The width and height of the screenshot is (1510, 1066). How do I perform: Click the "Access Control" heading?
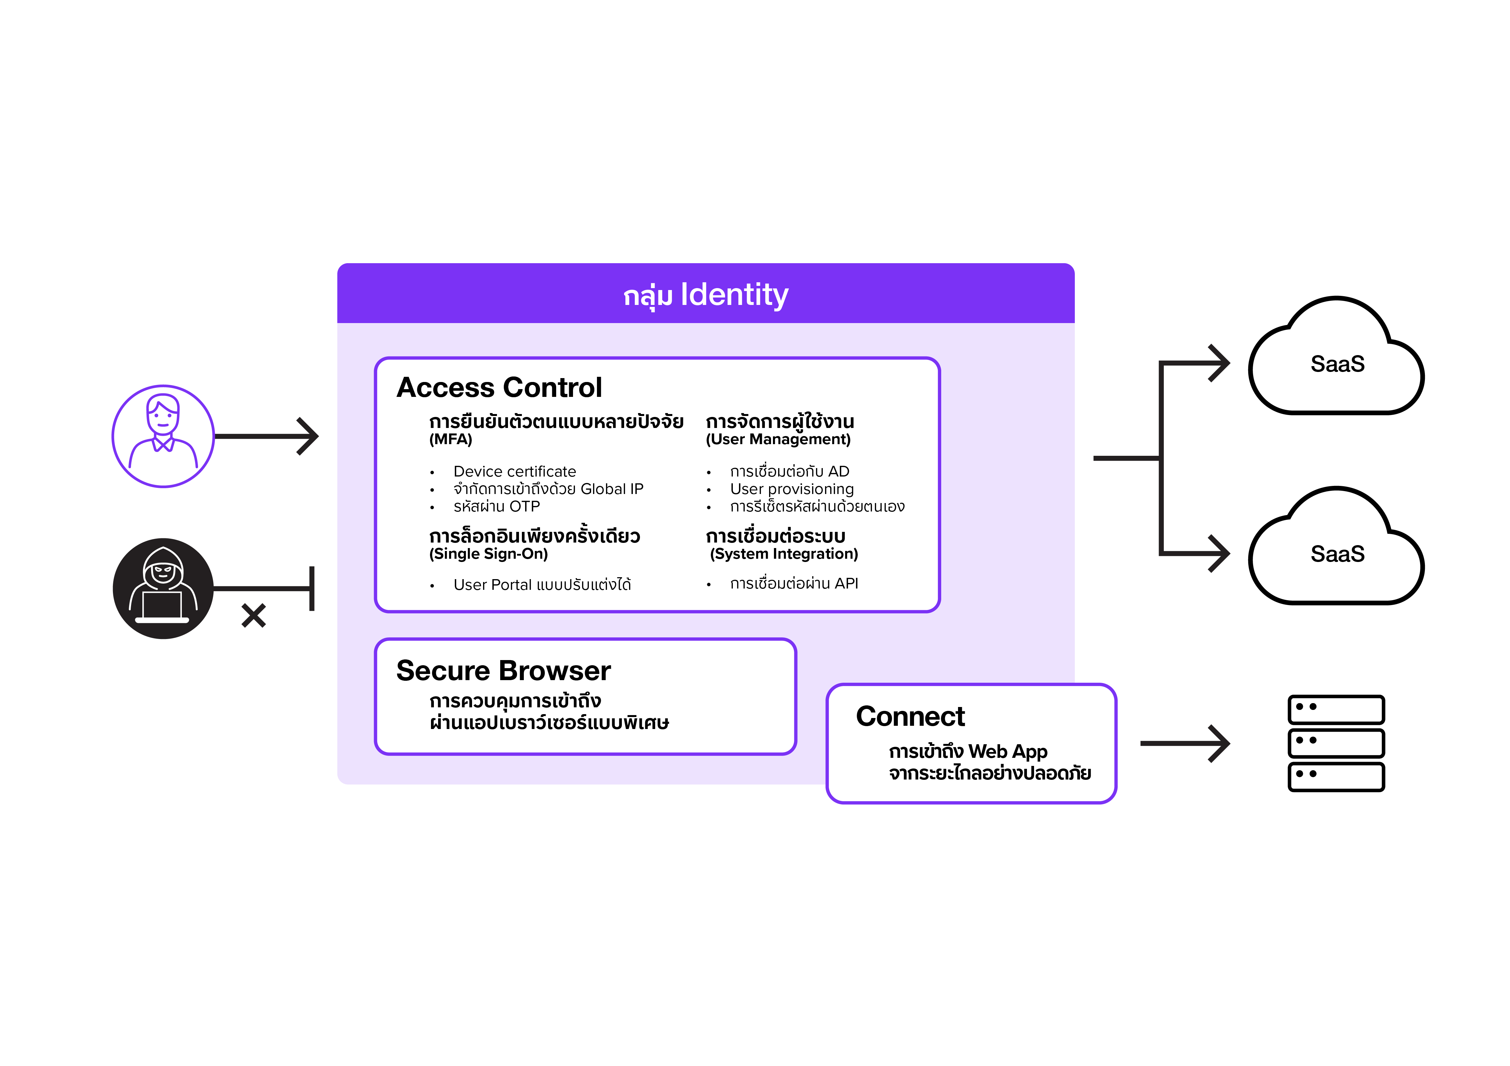click(x=499, y=387)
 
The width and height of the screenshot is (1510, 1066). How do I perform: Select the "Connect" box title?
click(x=910, y=716)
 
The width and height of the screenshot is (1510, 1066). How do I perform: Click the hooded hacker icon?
click(x=163, y=588)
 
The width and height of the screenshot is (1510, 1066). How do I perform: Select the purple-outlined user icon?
click(x=163, y=436)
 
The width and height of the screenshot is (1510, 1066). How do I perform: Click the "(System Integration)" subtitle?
click(x=784, y=554)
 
